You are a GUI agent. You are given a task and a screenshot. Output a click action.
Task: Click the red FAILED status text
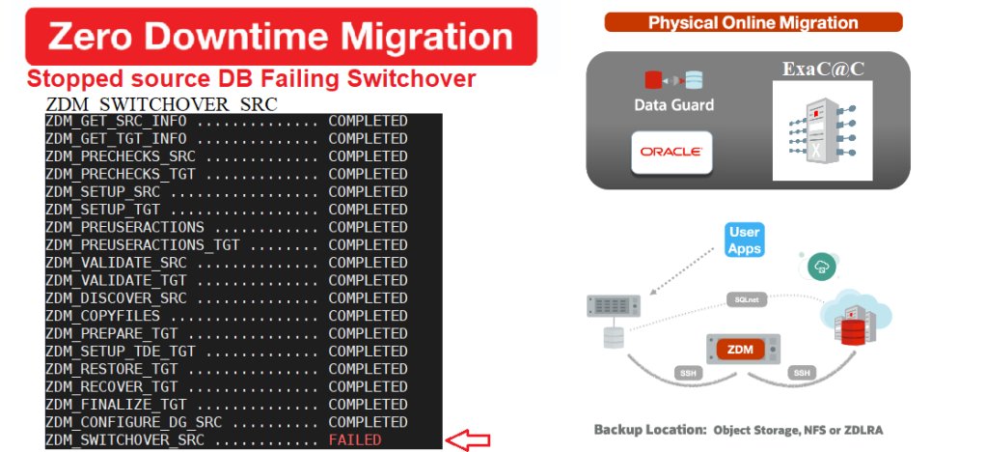click(355, 440)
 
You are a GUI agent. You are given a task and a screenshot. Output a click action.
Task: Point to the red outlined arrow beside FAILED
click(467, 440)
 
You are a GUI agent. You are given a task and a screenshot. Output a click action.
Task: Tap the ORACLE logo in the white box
click(671, 152)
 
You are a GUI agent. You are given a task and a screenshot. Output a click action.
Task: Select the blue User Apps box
click(745, 240)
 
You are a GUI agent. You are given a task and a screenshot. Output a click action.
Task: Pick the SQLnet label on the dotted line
click(747, 299)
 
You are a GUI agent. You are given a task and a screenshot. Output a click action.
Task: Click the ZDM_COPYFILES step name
click(102, 316)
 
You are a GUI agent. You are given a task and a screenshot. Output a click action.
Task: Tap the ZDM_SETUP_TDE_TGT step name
click(120, 351)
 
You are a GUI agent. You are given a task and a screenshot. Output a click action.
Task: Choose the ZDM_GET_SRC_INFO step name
click(116, 121)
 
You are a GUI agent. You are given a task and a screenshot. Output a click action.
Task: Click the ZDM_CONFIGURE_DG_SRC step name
click(133, 422)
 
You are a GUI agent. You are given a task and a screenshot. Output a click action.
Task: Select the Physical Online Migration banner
click(753, 22)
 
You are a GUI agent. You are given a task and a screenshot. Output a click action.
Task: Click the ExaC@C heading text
click(823, 69)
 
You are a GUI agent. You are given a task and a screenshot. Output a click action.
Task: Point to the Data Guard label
click(673, 104)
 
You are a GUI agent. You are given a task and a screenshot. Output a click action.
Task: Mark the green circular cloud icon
click(821, 267)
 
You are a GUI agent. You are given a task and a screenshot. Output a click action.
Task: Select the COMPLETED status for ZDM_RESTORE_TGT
click(368, 368)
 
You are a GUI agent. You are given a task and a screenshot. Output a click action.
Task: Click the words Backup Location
click(648, 430)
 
